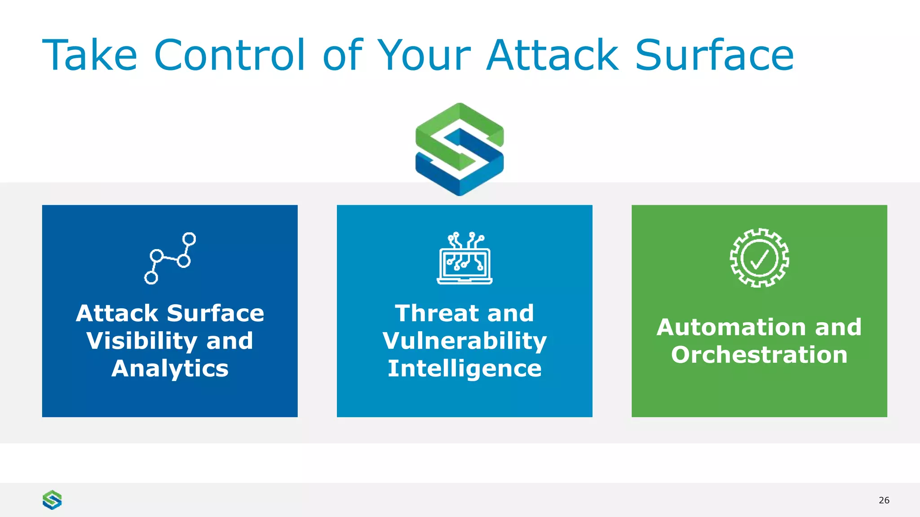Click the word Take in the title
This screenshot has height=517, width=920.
click(x=89, y=55)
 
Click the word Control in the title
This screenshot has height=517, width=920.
click(x=229, y=55)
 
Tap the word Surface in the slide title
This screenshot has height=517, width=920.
click(x=714, y=55)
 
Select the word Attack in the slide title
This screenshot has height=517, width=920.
click(x=553, y=55)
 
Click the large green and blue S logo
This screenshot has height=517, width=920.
click(x=460, y=149)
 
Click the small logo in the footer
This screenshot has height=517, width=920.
click(x=52, y=499)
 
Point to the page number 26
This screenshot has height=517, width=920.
click(x=884, y=500)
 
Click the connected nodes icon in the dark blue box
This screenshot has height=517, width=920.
click(x=170, y=258)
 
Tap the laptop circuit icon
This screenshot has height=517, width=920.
click(x=464, y=258)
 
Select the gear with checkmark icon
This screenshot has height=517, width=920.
click(x=759, y=258)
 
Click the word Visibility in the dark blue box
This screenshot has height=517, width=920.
click(x=142, y=341)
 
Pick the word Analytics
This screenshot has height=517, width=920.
click(x=170, y=368)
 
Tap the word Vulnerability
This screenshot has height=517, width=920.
click(x=464, y=341)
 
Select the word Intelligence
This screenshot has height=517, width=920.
click(x=464, y=368)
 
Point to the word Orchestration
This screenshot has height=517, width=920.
click(x=759, y=355)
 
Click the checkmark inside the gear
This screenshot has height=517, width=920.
click(x=759, y=259)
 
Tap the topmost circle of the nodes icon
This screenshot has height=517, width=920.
click(x=189, y=239)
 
